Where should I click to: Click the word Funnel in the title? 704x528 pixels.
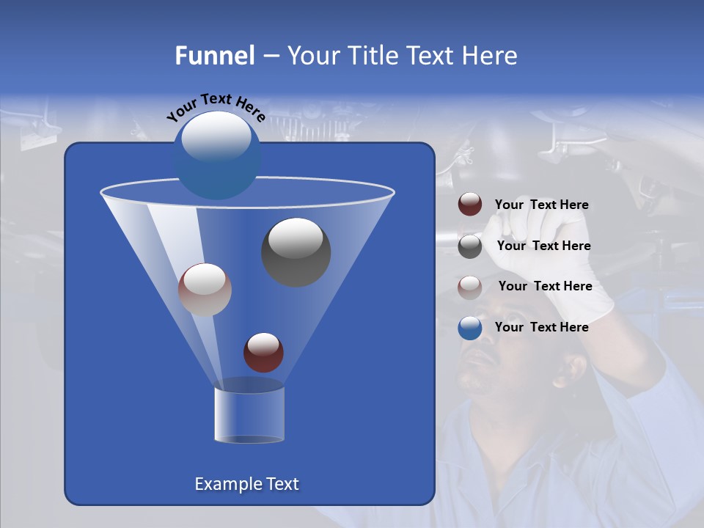pos(214,56)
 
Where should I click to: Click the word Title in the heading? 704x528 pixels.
pos(372,56)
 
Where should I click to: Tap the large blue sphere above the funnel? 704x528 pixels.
pos(217,155)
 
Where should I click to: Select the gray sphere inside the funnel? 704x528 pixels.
pos(296,252)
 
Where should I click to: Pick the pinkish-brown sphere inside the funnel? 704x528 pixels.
pos(205,290)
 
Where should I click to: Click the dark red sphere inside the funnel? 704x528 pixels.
pos(263,352)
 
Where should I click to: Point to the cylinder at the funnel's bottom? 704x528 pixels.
pos(249,414)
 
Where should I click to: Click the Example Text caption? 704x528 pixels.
pos(247,484)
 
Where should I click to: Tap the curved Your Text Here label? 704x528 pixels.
pos(216,107)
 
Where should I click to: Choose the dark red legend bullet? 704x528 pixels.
pos(470,205)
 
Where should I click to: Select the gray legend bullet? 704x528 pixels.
pos(470,246)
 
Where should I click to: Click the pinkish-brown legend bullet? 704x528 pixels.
pos(470,287)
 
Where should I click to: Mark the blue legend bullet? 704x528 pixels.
pos(470,328)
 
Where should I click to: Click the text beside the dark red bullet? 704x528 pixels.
pos(541,205)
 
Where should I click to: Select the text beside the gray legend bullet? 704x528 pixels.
pos(543,246)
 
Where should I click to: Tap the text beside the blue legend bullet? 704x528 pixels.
pos(541,327)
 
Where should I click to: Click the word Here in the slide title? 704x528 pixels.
pos(489,56)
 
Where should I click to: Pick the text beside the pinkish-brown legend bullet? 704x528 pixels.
pos(545,286)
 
